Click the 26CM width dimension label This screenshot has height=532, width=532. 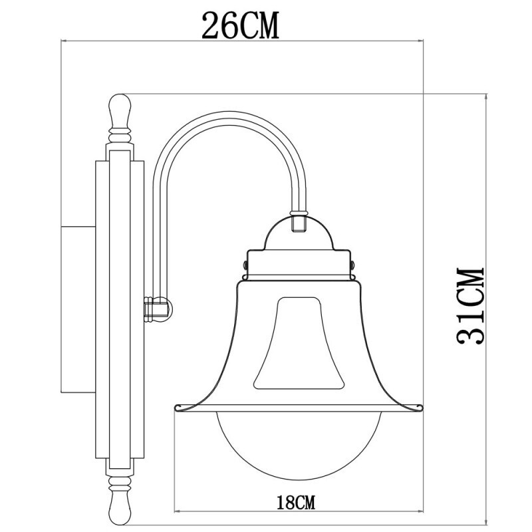[241, 25]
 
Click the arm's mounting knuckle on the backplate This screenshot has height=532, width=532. [158, 309]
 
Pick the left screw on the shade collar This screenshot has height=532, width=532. [246, 265]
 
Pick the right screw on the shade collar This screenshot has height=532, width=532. [352, 265]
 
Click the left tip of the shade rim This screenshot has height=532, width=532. [176, 406]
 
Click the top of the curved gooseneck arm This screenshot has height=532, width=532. [226, 116]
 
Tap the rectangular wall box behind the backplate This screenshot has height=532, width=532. [78, 309]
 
